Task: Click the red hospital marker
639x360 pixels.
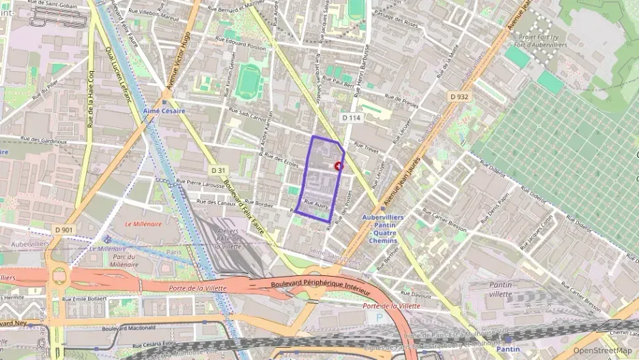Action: (339, 166)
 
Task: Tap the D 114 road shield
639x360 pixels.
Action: (351, 118)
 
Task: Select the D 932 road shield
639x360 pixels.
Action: (459, 97)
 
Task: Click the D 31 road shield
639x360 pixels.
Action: (218, 170)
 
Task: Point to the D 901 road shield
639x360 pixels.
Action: (63, 230)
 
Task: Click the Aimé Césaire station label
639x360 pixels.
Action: (164, 111)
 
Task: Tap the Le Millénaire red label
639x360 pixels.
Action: (143, 223)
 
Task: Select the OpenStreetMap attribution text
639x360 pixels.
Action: (602, 350)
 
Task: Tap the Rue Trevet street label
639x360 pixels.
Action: (367, 146)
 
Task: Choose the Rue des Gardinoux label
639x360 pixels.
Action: (44, 141)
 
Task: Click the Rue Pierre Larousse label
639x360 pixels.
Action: (201, 184)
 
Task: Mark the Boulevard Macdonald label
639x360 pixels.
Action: (128, 329)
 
